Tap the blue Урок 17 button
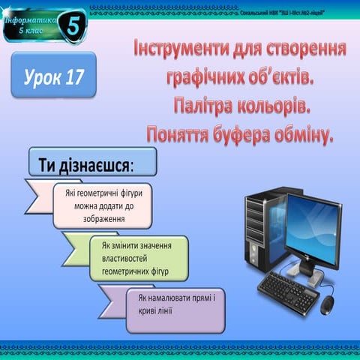coord(54,76)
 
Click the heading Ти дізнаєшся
coord(91,163)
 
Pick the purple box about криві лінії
coord(175,304)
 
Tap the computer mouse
coord(328,306)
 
